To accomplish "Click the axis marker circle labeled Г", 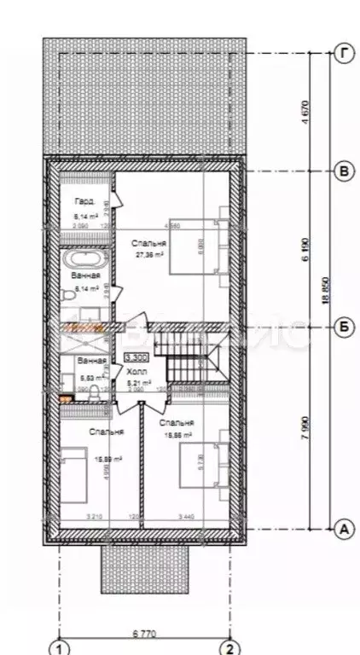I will point(342,53).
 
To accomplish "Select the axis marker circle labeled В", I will point(342,171).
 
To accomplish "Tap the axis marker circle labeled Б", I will point(342,326).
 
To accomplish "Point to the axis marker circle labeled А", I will point(342,529).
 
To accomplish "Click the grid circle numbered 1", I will point(59,646).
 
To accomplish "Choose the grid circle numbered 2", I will point(229,646).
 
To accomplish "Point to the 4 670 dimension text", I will point(305,111).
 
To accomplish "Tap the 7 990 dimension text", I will point(305,428).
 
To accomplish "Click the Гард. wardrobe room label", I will point(84,203).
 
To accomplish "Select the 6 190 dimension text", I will point(305,249).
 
